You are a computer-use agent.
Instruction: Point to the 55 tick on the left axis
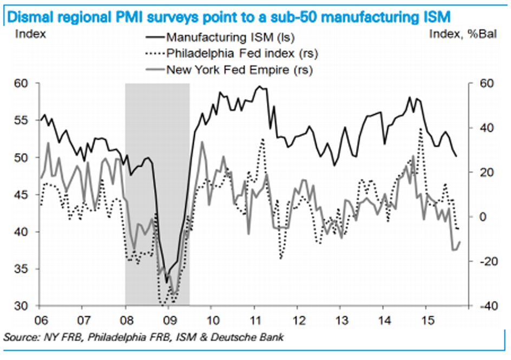pos(22,121)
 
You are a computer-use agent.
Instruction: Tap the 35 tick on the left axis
pos(22,269)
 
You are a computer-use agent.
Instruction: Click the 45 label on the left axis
pos(22,195)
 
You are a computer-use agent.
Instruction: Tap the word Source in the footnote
pos(21,338)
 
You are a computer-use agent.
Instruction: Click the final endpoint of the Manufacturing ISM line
pos(456,156)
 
